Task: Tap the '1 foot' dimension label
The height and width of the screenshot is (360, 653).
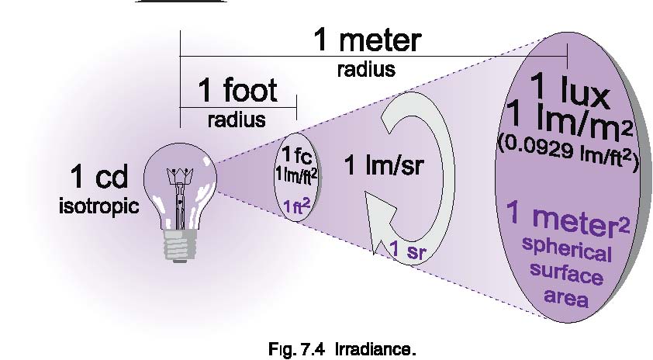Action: click(237, 91)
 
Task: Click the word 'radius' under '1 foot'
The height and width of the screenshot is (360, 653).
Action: click(237, 120)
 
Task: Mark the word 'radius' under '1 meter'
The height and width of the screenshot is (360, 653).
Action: click(366, 69)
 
